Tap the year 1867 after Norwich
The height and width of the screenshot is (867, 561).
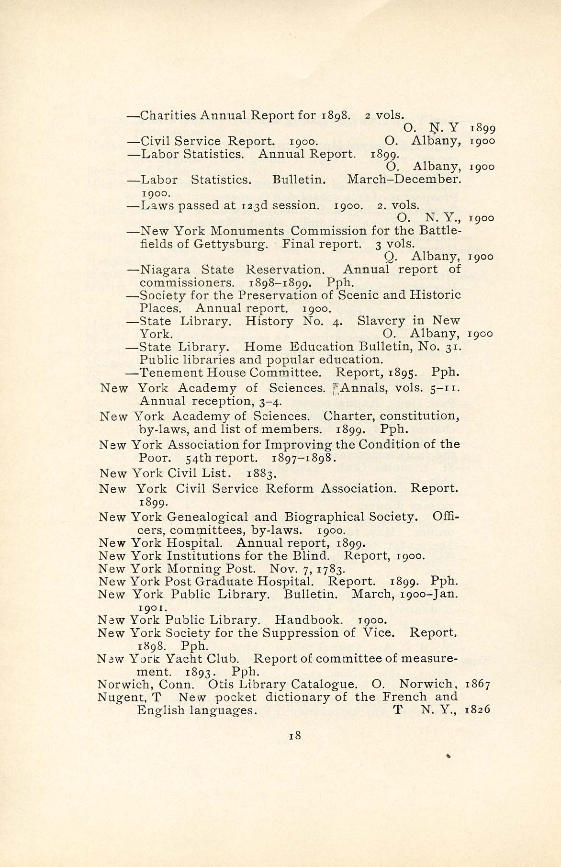(478, 685)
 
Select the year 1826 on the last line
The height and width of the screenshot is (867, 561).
(478, 710)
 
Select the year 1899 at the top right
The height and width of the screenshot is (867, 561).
(482, 128)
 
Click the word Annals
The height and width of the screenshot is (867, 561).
(360, 388)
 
